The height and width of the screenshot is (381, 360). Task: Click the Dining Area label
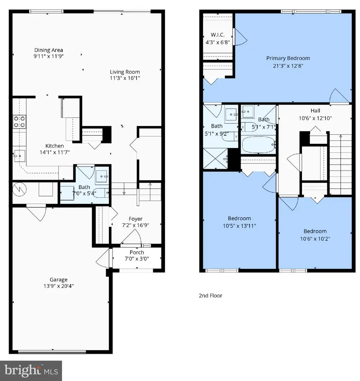pos(49,50)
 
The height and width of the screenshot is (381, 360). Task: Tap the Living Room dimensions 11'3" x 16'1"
pos(125,78)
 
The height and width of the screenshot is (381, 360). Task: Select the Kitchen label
pos(54,146)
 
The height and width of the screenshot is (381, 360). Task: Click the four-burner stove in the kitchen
pos(19,122)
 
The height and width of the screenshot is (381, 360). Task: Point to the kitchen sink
pos(19,156)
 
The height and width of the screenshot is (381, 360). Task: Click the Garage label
pos(58,280)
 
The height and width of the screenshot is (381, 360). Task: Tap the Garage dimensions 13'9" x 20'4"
pos(58,286)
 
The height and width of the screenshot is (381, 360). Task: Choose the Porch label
pos(137,253)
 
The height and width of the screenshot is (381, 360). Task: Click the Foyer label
pos(135,219)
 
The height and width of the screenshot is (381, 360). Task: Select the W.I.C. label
pos(218,35)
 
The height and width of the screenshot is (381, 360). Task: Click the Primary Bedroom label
pos(288,58)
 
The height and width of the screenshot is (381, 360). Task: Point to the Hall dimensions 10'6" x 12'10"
pos(315,118)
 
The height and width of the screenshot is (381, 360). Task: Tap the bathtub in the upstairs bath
pos(258,145)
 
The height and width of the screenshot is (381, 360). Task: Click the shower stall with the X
pos(215,158)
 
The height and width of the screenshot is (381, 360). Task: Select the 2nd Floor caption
pos(211,296)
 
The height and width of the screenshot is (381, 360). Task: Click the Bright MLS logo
pos(31,371)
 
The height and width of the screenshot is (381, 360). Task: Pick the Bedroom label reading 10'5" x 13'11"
pos(239,218)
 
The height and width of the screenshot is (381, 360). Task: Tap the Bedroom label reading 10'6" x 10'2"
pos(315,231)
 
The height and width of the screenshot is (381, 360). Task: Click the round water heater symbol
pos(19,189)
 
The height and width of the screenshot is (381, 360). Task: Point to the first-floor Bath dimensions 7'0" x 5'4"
pos(84,193)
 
